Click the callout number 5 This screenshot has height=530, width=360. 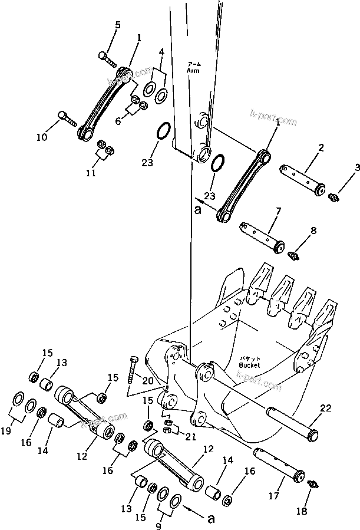pos(118,25)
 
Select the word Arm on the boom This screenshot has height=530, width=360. pos(193,70)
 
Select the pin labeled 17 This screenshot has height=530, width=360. pos(279,464)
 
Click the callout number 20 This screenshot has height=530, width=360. pos(147,381)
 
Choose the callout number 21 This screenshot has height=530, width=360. pos(189,436)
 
